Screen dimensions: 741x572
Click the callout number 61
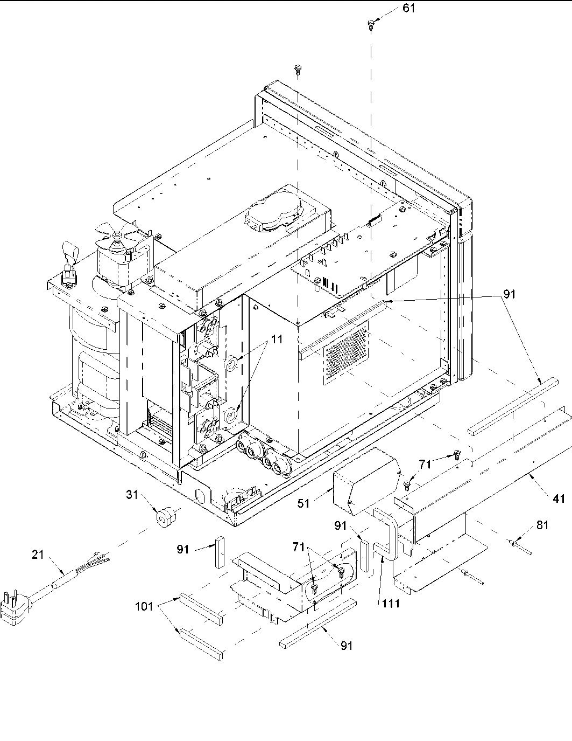(409, 9)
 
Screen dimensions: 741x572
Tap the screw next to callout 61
(371, 23)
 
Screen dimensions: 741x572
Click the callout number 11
(277, 340)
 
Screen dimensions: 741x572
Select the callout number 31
(133, 494)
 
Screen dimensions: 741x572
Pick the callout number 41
(559, 499)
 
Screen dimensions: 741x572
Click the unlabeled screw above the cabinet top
(297, 68)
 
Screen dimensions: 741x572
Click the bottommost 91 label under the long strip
(347, 645)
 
